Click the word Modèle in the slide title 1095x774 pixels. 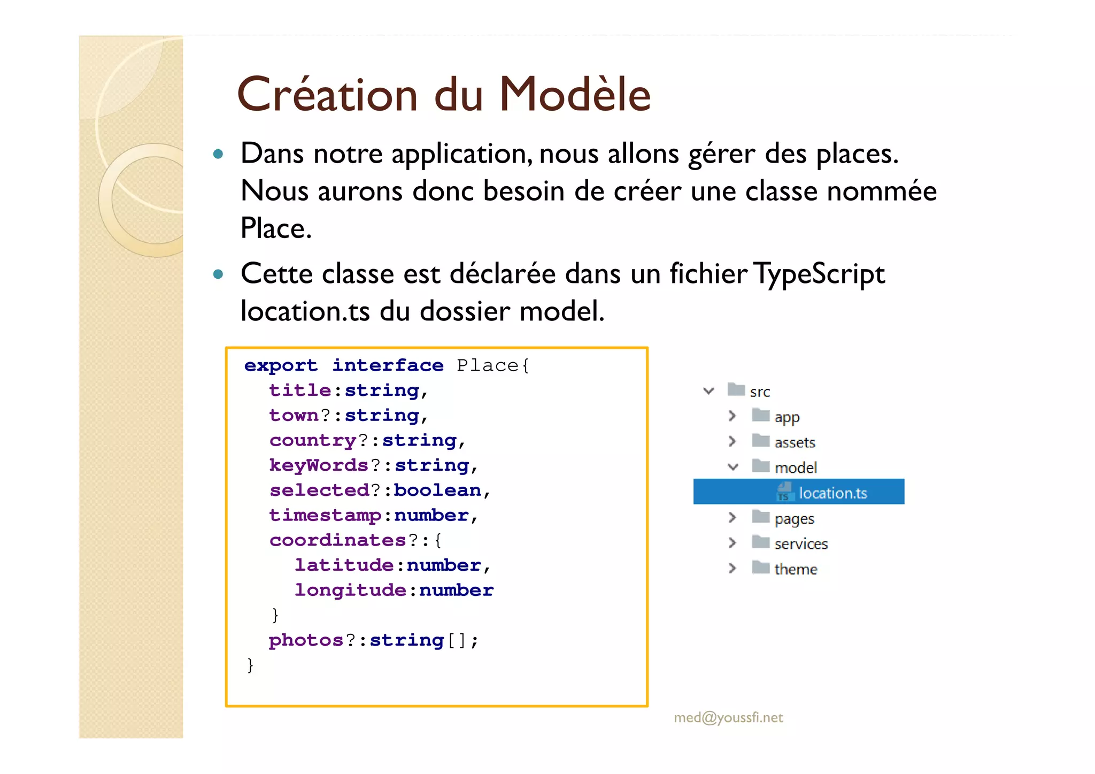click(x=575, y=95)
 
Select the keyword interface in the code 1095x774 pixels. click(x=388, y=365)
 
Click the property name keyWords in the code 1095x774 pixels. click(x=319, y=465)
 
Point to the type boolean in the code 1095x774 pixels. click(x=437, y=491)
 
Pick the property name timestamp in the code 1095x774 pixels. click(x=325, y=515)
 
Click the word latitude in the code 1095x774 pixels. click(x=344, y=565)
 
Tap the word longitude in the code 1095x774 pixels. click(x=350, y=590)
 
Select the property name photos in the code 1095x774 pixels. click(x=306, y=640)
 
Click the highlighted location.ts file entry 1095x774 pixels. click(x=832, y=493)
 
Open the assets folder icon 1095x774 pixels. click(x=760, y=441)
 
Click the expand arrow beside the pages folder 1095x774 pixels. click(x=732, y=517)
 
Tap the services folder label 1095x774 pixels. click(x=800, y=544)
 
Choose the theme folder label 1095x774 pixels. click(x=796, y=569)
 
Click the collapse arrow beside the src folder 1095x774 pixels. click(x=709, y=391)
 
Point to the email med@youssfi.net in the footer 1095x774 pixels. click(x=728, y=717)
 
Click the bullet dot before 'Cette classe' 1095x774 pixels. click(x=218, y=274)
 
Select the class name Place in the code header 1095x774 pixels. click(x=487, y=365)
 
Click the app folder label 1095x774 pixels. click(x=786, y=417)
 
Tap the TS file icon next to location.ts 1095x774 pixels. click(x=784, y=492)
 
